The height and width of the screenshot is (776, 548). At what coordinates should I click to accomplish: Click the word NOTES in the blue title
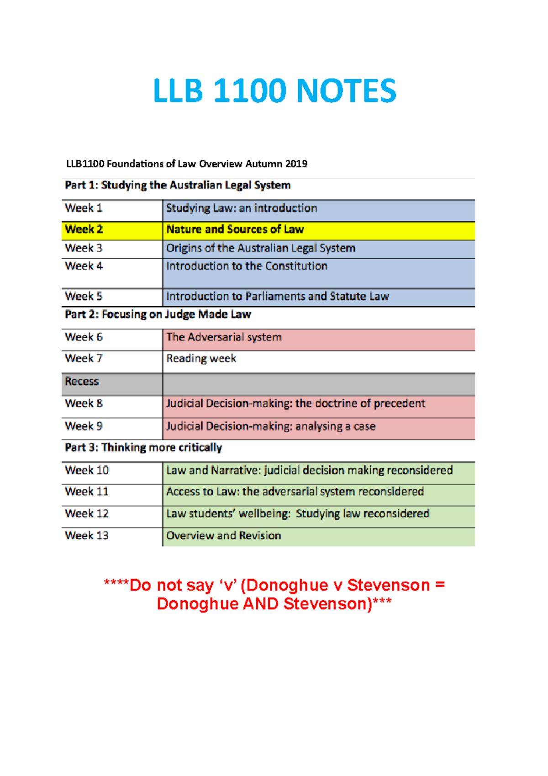(346, 90)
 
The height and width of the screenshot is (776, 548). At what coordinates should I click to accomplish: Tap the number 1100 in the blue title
(249, 90)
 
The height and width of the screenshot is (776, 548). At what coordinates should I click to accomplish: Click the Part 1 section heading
(178, 185)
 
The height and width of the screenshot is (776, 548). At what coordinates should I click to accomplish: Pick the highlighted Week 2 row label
(84, 229)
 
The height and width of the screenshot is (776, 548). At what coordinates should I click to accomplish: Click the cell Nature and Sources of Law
(235, 229)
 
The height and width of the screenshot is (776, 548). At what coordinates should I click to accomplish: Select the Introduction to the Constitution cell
(247, 266)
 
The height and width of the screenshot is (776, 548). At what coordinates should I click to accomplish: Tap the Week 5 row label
(84, 296)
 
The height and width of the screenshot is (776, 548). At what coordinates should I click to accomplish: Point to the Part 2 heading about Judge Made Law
(158, 314)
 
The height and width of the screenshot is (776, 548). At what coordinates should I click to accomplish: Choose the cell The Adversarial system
(224, 337)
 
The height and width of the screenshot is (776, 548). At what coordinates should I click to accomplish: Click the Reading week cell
(201, 359)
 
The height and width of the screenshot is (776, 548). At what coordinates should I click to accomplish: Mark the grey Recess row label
(82, 382)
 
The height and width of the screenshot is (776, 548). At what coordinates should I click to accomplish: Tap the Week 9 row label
(84, 426)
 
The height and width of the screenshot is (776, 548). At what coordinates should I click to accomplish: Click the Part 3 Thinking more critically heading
(143, 447)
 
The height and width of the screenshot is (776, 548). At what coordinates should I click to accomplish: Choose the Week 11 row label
(87, 492)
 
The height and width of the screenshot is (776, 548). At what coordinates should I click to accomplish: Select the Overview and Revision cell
(223, 536)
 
